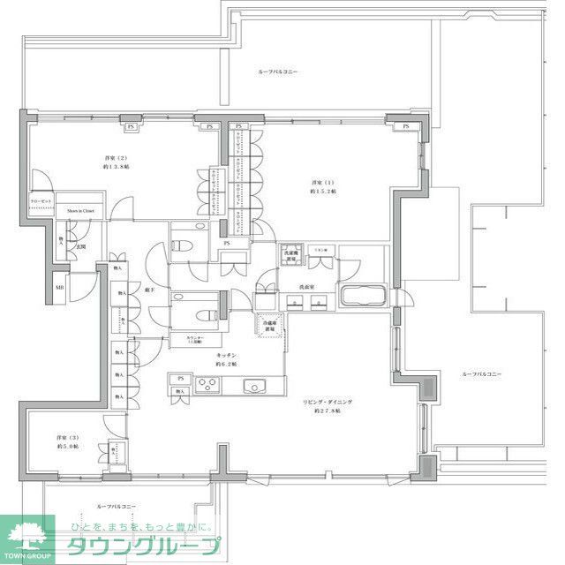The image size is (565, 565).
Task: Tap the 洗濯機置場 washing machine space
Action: [291, 256]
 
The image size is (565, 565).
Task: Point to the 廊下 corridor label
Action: [151, 290]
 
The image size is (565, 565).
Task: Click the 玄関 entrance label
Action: [80, 246]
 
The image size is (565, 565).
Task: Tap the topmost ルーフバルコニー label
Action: [278, 71]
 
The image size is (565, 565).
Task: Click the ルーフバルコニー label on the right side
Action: [481, 374]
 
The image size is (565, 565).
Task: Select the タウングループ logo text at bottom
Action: [146, 546]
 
